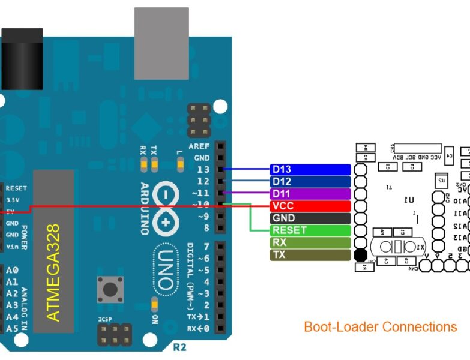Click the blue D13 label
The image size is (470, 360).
coord(310,170)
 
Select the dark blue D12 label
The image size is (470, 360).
coord(310,182)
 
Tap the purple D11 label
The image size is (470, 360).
coord(310,194)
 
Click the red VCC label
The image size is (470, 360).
coord(310,206)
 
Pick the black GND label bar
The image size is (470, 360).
coord(310,218)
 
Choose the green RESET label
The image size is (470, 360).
coord(310,230)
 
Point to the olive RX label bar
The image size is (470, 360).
coord(310,243)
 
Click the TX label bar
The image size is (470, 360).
coord(310,255)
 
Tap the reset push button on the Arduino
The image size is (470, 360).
coord(110,290)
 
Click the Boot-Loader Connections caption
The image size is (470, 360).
coord(380,327)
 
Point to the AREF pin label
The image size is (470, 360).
coord(199,146)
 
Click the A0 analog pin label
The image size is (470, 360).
coord(12,271)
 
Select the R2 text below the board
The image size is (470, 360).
coord(179,347)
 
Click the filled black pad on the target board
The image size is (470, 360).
coord(360,255)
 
